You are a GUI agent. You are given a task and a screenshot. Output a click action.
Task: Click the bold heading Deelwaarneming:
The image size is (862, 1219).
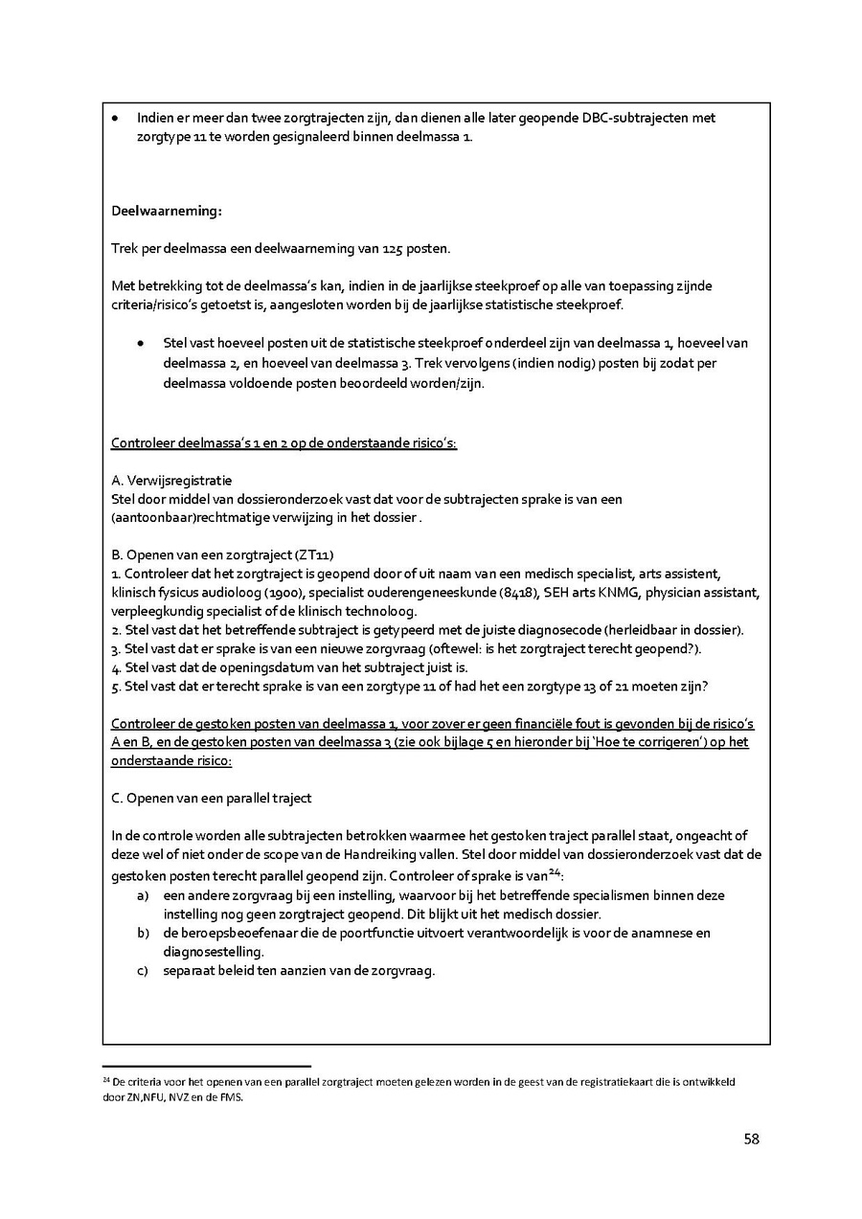click(167, 211)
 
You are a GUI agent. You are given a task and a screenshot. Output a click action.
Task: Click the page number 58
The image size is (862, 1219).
click(751, 1139)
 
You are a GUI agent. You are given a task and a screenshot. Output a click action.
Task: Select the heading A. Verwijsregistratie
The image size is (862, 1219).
click(171, 480)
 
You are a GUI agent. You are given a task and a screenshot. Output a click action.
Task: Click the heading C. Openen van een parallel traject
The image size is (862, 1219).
click(212, 798)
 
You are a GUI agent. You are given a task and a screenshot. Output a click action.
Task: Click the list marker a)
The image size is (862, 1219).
click(144, 895)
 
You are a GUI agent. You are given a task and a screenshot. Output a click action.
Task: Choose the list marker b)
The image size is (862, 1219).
click(144, 933)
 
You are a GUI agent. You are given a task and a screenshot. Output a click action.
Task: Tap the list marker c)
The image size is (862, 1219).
click(144, 970)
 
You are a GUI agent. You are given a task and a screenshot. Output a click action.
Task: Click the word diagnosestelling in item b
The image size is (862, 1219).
click(211, 952)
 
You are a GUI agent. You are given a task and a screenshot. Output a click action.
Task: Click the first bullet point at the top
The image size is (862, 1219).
click(115, 119)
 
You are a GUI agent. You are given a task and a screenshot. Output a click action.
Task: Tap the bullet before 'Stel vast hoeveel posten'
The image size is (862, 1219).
click(141, 343)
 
